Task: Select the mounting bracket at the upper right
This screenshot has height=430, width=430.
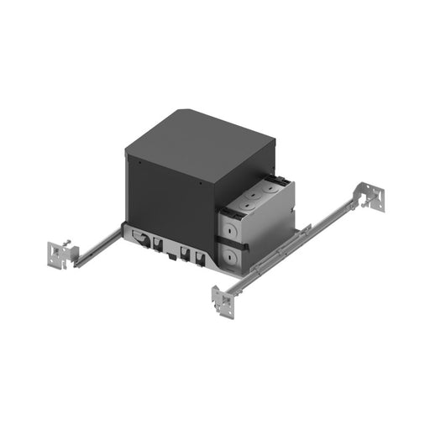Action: (x=372, y=195)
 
